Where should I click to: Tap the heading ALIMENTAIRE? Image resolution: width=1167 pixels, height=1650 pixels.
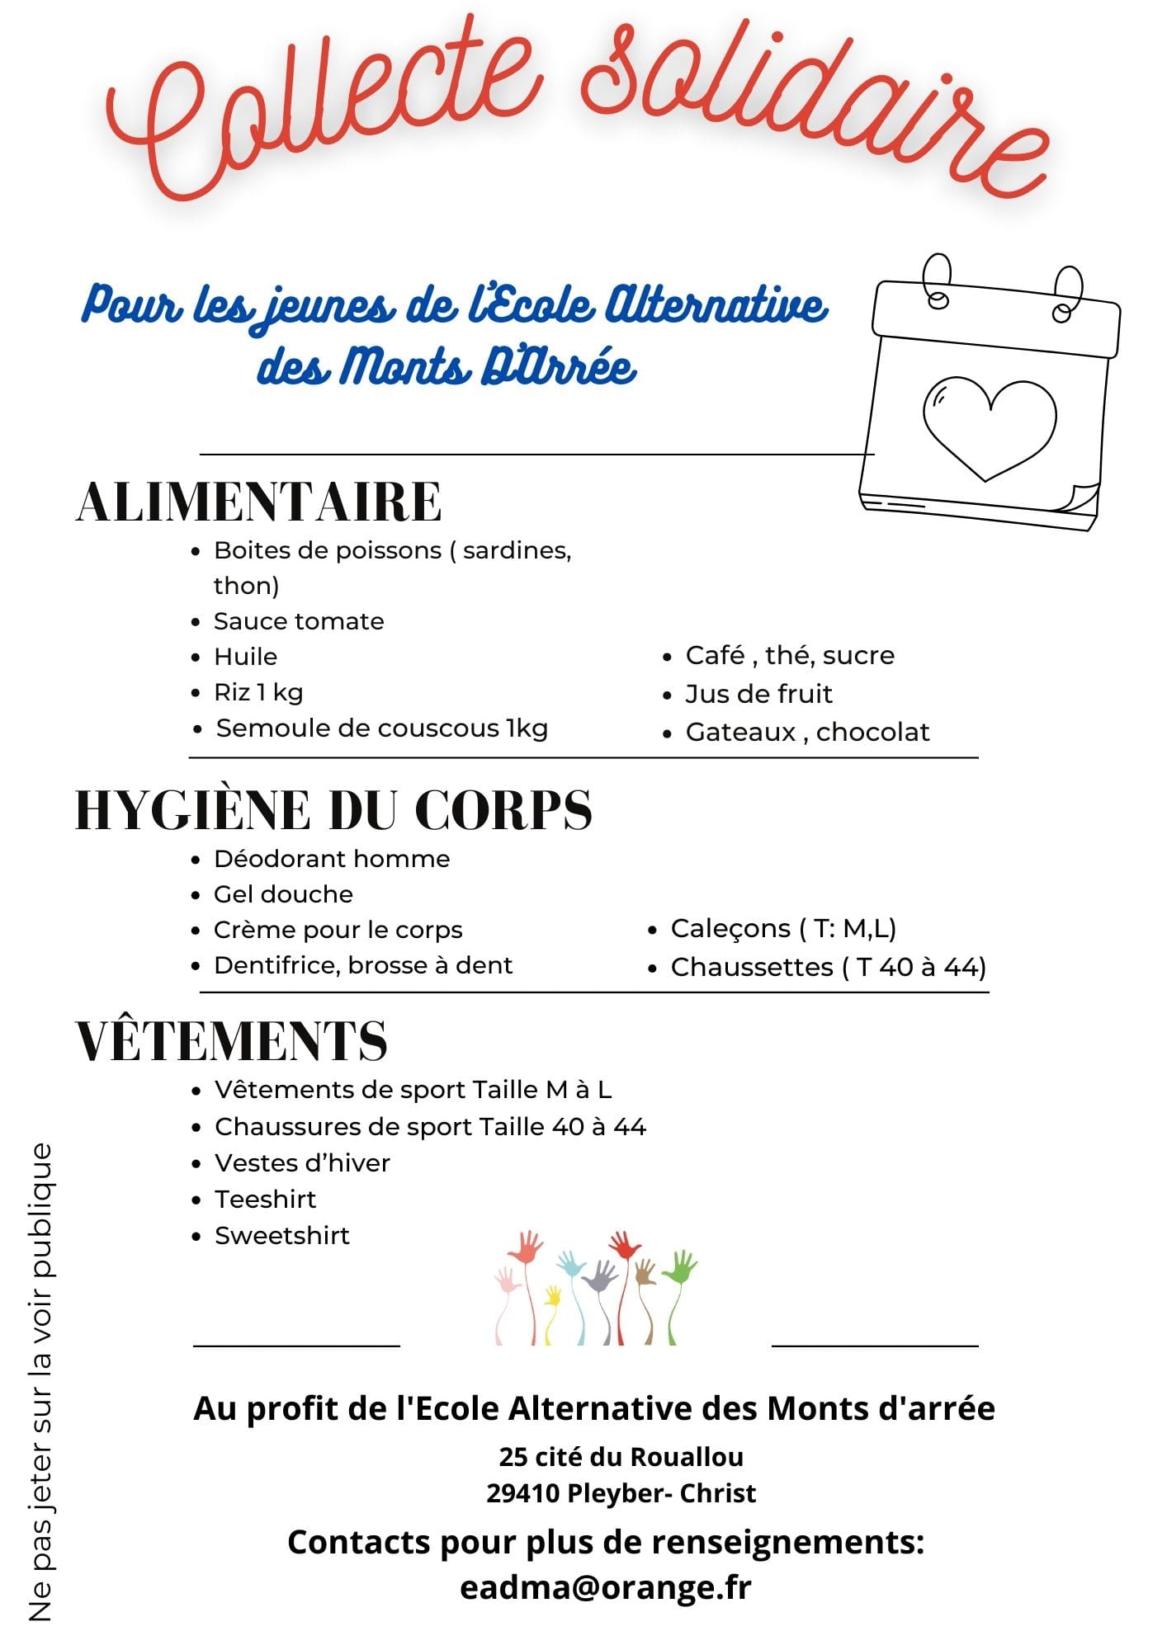click(x=259, y=502)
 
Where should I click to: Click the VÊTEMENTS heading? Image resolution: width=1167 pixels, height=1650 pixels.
click(x=232, y=1040)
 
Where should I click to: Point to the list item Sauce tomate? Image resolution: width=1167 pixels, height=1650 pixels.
click(x=299, y=621)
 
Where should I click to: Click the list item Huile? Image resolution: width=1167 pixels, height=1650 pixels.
click(x=245, y=657)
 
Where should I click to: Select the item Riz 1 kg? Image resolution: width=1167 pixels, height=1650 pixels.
click(x=258, y=692)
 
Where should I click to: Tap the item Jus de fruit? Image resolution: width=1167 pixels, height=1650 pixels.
click(x=758, y=694)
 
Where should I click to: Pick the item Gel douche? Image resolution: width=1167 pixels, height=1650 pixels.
click(x=283, y=894)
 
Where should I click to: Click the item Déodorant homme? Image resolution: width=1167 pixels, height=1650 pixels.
click(x=332, y=859)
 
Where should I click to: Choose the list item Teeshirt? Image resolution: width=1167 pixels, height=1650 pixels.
click(x=265, y=1199)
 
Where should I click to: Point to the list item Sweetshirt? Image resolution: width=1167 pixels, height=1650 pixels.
click(x=282, y=1235)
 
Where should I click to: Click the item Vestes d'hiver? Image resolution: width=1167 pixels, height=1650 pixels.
click(x=302, y=1162)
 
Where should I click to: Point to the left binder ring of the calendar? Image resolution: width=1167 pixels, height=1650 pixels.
click(x=938, y=281)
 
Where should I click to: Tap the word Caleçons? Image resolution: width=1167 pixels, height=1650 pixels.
click(x=730, y=928)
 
